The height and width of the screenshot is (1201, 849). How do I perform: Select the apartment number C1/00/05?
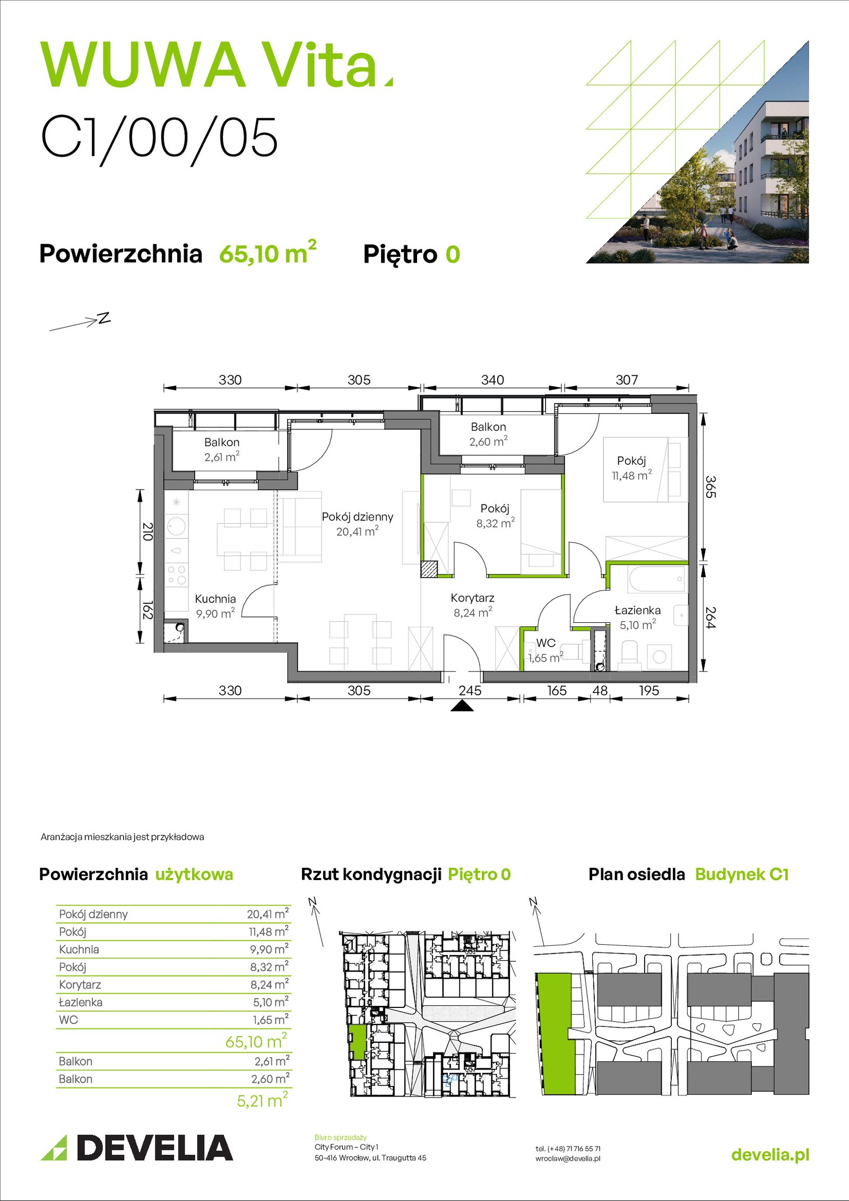tap(159, 138)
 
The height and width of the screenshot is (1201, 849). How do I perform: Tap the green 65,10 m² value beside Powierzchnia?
tap(267, 253)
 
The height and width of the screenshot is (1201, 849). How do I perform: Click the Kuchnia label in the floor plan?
tap(215, 599)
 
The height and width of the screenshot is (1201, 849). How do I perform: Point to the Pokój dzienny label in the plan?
tap(358, 517)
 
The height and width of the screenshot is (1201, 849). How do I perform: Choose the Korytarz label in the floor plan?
tap(472, 598)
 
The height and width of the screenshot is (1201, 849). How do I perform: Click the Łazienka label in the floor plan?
tap(637, 610)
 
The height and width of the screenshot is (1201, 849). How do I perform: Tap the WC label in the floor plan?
tap(546, 643)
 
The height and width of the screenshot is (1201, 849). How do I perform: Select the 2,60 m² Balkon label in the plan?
tap(488, 441)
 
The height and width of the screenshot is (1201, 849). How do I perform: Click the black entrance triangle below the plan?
tap(462, 705)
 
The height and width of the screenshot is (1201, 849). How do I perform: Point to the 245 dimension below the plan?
tap(470, 691)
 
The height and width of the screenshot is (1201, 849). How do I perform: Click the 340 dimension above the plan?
tap(492, 380)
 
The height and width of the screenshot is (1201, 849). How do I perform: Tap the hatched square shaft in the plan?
tap(429, 569)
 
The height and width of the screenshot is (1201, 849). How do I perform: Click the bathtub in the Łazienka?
tap(656, 579)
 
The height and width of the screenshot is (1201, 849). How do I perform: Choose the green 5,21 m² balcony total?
tap(262, 1101)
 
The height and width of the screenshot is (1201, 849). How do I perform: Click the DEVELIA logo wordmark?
tap(154, 1147)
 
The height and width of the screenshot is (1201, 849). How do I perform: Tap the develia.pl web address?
tap(770, 1154)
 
